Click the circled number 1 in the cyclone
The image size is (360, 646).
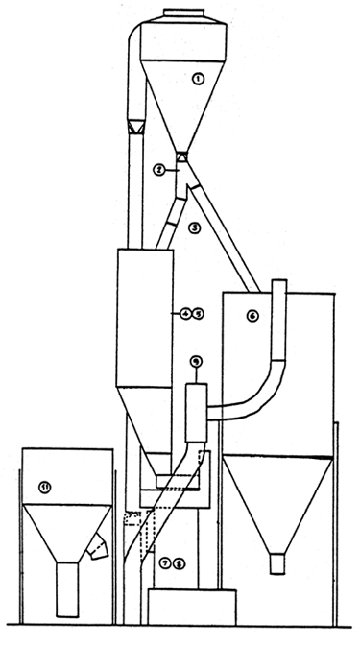tap(197, 80)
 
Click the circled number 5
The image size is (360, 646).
tap(197, 313)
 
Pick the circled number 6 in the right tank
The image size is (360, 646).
tap(252, 316)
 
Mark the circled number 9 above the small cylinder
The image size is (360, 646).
tap(195, 362)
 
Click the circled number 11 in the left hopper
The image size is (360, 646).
tap(44, 488)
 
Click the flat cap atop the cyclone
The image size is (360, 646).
tap(180, 13)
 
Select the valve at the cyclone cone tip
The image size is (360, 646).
tap(180, 155)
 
